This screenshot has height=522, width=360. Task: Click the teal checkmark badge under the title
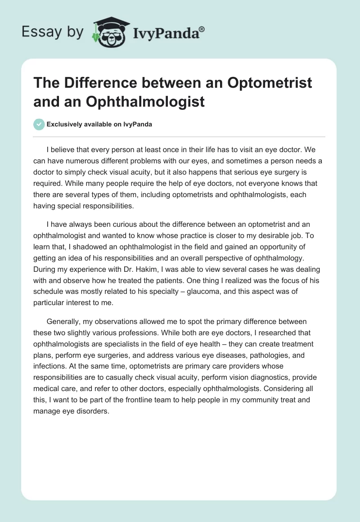(x=39, y=125)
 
